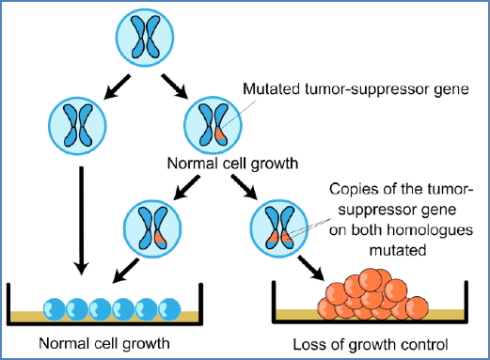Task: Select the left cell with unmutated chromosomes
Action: tap(74, 125)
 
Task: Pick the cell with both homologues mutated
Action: tap(278, 226)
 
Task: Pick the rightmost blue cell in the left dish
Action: tap(169, 306)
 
